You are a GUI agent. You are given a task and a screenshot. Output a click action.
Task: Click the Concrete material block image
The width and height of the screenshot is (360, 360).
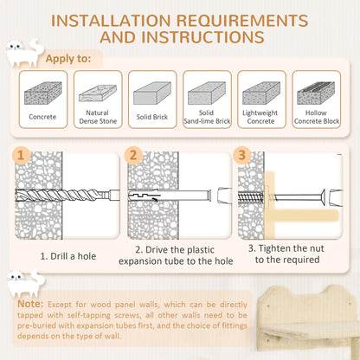point(43,93)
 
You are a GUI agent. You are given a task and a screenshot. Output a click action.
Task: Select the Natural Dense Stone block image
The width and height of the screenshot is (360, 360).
point(98,91)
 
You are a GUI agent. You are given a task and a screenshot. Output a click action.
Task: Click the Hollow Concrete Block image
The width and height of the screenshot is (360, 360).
point(316,91)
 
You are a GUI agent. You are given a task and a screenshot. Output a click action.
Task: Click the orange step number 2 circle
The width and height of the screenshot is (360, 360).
point(132,157)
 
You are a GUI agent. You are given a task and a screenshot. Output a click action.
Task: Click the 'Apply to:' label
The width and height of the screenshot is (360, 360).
point(67,58)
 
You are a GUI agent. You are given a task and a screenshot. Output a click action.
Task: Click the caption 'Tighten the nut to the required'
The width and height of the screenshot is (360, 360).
point(286,253)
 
